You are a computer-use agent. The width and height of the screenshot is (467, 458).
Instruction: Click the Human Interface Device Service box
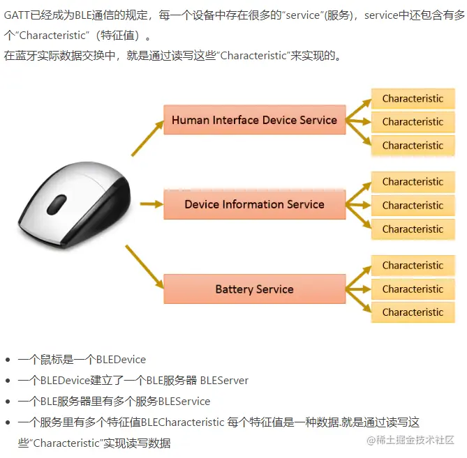(x=254, y=121)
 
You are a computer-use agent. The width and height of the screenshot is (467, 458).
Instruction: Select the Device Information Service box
(x=254, y=205)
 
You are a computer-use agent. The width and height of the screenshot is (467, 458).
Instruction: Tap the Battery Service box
(x=254, y=289)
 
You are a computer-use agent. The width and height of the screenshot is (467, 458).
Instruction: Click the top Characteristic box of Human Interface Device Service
(x=413, y=99)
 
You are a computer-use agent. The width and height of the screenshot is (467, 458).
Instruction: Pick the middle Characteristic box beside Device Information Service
(x=413, y=206)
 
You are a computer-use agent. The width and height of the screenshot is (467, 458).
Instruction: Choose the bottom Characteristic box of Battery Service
(x=413, y=313)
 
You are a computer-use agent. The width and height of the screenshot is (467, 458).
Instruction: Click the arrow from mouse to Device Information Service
(x=151, y=204)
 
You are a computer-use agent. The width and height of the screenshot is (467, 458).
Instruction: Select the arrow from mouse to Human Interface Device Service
(x=145, y=138)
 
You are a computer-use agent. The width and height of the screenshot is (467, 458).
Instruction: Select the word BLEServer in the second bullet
(x=224, y=381)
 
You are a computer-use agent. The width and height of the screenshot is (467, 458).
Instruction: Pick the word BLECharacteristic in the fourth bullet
(x=183, y=422)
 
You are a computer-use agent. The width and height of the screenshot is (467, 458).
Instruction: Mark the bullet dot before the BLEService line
(x=8, y=402)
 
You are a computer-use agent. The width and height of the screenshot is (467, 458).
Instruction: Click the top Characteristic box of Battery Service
(x=413, y=266)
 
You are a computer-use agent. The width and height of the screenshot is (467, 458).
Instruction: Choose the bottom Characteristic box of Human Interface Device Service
(x=413, y=146)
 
